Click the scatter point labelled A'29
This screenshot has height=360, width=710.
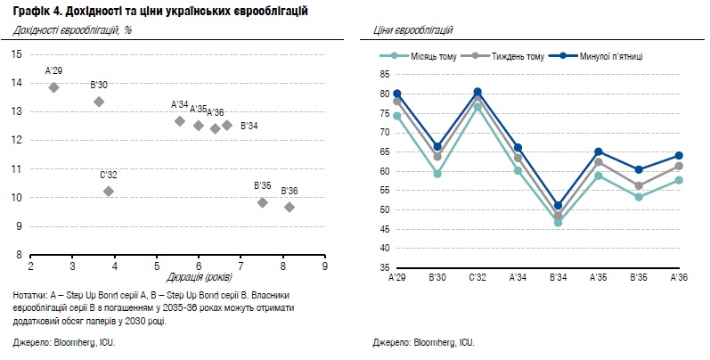pyautogui.click(x=53, y=87)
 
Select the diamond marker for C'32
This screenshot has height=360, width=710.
pyautogui.click(x=109, y=191)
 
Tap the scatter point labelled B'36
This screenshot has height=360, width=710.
pyautogui.click(x=289, y=207)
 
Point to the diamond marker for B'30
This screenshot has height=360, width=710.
pyautogui.click(x=99, y=102)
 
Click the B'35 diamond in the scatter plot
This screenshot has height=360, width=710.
pyautogui.click(x=262, y=202)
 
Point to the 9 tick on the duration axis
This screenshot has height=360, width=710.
pyautogui.click(x=324, y=266)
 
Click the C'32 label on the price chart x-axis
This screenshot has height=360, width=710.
pyautogui.click(x=477, y=279)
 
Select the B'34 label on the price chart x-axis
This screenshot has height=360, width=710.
pyautogui.click(x=558, y=279)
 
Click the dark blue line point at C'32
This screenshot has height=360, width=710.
pyautogui.click(x=477, y=92)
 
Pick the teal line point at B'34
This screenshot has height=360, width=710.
pyautogui.click(x=558, y=223)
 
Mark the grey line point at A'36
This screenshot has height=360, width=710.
pyautogui.click(x=679, y=166)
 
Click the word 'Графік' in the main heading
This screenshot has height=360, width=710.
pyautogui.click(x=33, y=10)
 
